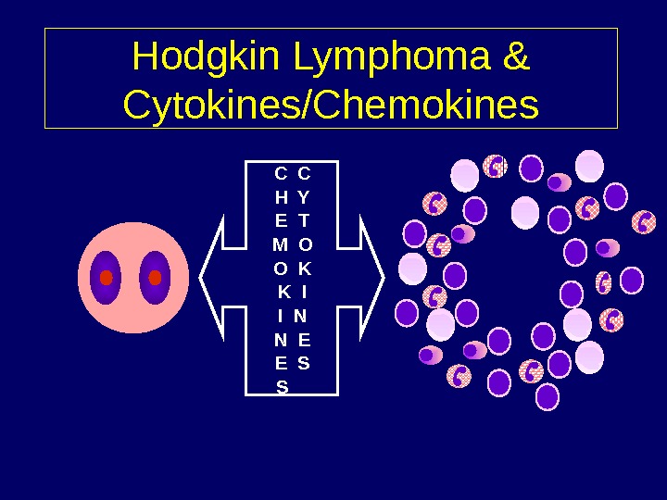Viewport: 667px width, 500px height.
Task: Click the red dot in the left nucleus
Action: pos(106,278)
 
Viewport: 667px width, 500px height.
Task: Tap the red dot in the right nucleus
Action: pos(155,278)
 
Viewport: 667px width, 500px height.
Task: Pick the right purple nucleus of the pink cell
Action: pos(155,264)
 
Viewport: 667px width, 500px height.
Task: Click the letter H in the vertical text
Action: pos(281,197)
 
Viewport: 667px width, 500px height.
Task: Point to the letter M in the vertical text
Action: pos(280,244)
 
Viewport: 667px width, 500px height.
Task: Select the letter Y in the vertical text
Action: pos(305,197)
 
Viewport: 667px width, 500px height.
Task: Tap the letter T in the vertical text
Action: pos(305,220)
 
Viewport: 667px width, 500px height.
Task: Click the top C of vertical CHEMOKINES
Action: pos(281,173)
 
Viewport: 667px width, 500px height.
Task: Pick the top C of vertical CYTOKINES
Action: pos(305,173)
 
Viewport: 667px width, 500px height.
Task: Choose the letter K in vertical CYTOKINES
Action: pos(305,269)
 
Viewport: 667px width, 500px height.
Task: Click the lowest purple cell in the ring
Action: pos(547,397)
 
